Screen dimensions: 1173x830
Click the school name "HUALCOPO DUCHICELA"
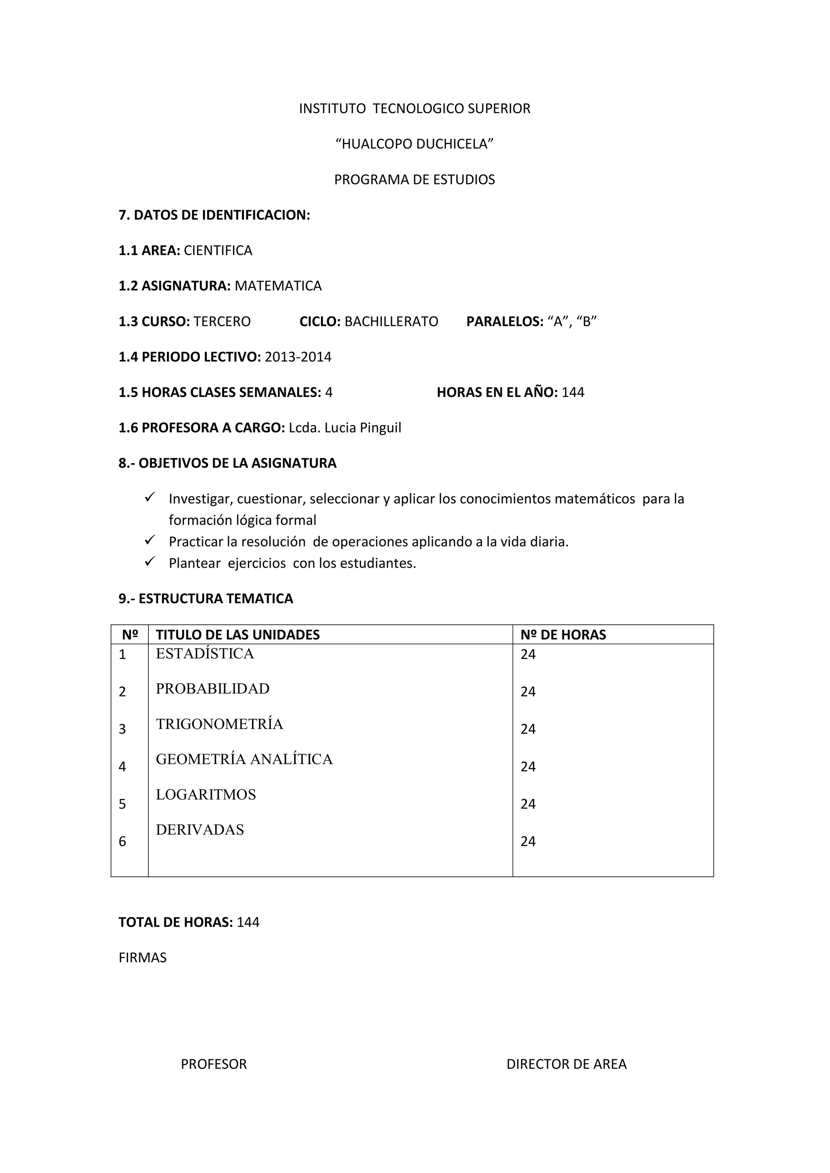coord(415,144)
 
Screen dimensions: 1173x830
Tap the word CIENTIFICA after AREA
coord(218,250)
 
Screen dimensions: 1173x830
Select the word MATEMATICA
coord(278,286)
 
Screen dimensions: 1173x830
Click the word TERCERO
coord(222,321)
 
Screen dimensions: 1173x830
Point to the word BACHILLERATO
coord(391,321)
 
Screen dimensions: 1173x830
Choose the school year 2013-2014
coord(298,357)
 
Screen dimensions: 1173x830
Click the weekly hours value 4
coord(329,392)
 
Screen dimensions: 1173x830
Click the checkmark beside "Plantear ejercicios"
coord(150,562)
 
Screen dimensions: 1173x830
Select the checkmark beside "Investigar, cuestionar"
coord(150,497)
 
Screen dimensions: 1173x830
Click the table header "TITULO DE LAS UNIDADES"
coord(237,635)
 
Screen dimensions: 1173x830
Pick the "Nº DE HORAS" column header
coord(563,635)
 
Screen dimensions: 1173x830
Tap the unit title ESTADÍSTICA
coord(204,654)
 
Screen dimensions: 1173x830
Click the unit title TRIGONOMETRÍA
coord(219,724)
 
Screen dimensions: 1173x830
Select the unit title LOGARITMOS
coord(205,795)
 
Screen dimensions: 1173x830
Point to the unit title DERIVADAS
coord(200,830)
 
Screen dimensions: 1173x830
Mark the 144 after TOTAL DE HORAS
coord(248,922)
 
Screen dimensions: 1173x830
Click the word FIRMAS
coord(143,957)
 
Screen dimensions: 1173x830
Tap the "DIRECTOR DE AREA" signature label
coord(566,1064)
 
